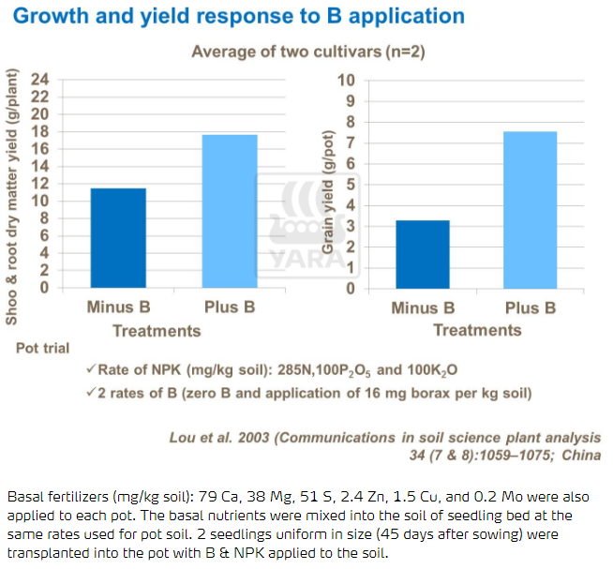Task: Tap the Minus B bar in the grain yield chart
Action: click(x=424, y=254)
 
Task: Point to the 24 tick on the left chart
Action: click(x=40, y=80)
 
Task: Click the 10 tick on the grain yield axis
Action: click(x=345, y=80)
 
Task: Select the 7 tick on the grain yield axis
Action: click(x=349, y=142)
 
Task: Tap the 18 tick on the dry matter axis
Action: click(x=40, y=132)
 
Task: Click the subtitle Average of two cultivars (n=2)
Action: click(x=308, y=52)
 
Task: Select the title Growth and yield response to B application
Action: click(x=240, y=16)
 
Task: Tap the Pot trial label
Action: click(x=42, y=348)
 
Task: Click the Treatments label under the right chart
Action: click(x=477, y=330)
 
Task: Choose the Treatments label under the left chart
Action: click(x=157, y=330)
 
